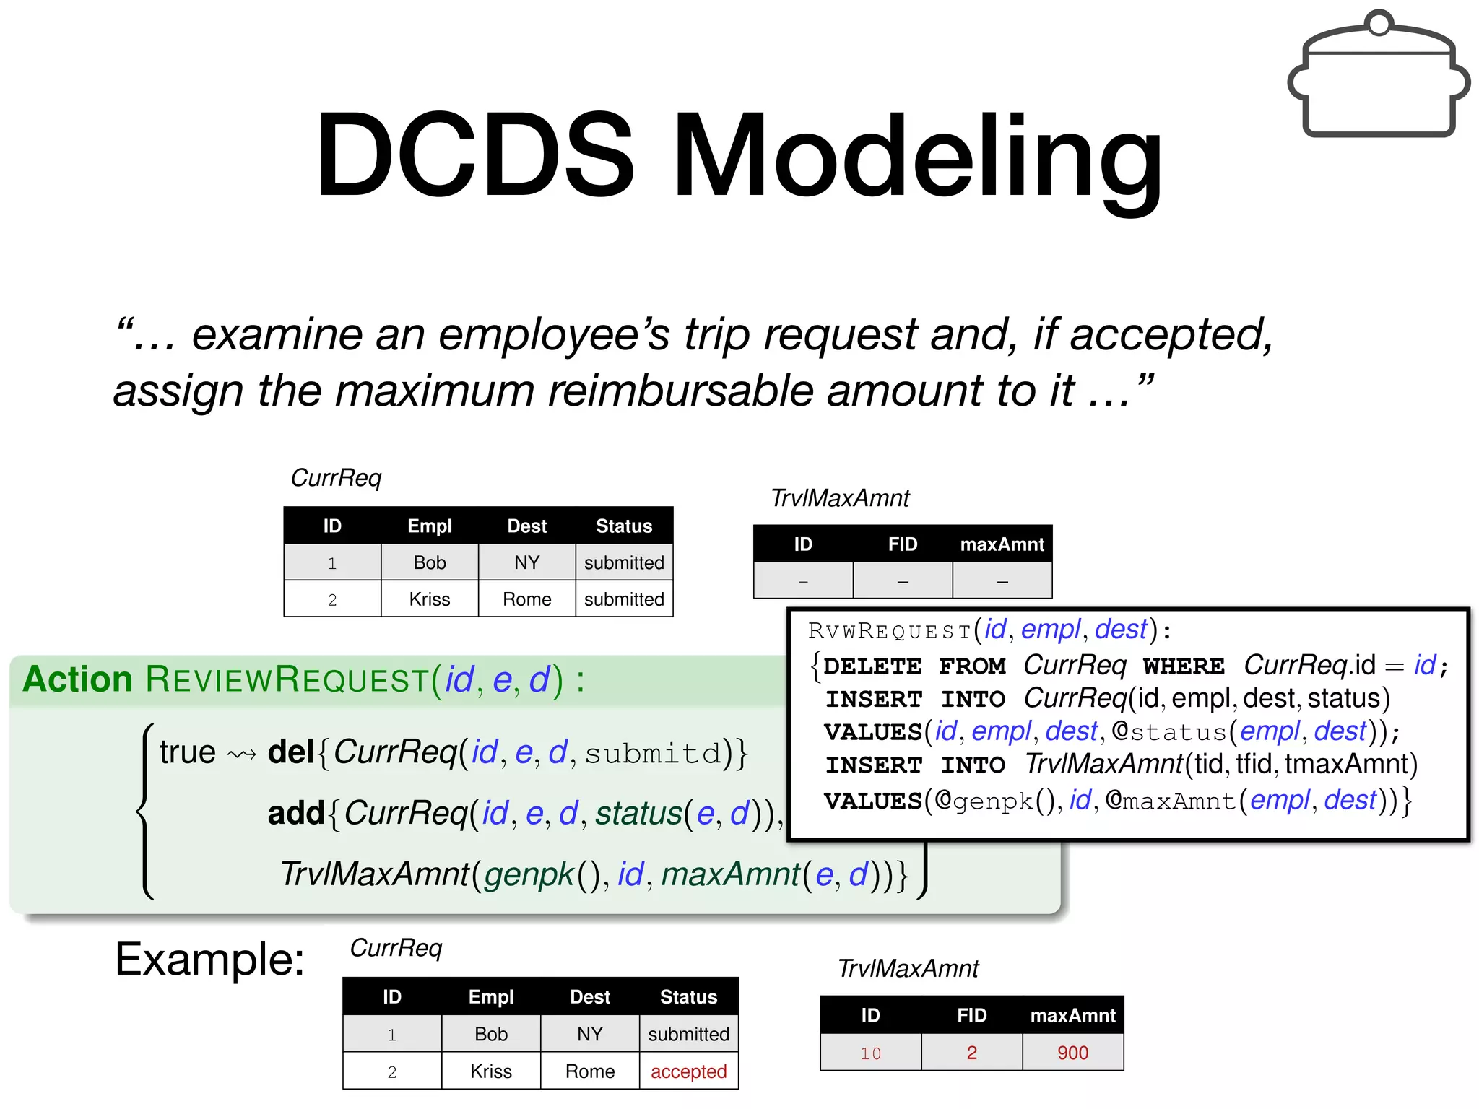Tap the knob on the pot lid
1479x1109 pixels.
pos(1379,23)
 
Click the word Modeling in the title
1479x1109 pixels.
pos(917,155)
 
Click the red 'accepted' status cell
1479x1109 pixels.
pos(688,1071)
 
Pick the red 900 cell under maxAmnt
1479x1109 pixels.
pos(1072,1053)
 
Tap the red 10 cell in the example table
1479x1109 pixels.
pos(870,1053)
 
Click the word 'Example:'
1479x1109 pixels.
pos(209,960)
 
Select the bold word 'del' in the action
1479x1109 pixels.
pos(290,752)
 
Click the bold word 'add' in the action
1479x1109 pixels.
pos(295,814)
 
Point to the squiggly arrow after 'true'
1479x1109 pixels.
pos(242,755)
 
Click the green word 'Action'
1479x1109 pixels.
pos(78,679)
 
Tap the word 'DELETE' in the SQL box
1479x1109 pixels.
pos(872,666)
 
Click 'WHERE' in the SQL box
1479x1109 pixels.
pos(1184,666)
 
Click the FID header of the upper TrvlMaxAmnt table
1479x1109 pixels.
pos(903,544)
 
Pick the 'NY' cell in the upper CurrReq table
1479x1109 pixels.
pos(527,562)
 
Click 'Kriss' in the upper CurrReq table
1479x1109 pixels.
pos(430,599)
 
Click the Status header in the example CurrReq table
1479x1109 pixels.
pos(688,997)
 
